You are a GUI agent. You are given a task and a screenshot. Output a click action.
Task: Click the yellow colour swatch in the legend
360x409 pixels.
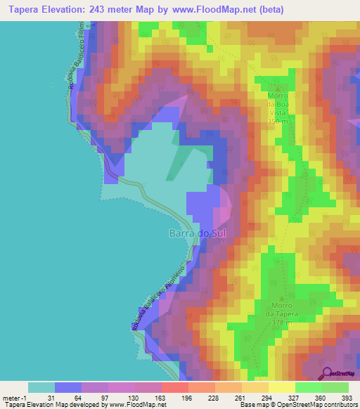click(282, 387)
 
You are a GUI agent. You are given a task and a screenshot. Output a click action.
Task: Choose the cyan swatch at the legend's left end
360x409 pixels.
click(41, 387)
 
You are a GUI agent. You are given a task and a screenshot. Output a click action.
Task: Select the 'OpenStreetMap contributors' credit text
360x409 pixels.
click(316, 405)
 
